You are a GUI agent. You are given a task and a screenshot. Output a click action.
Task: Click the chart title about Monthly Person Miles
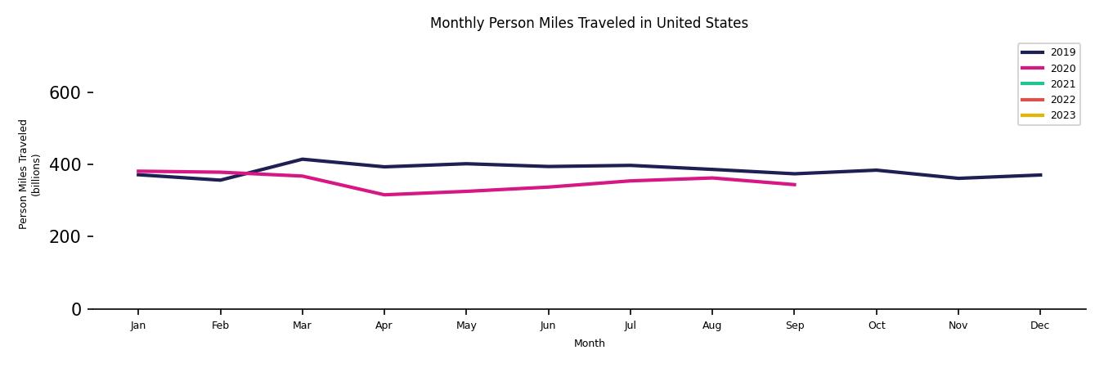(x=589, y=23)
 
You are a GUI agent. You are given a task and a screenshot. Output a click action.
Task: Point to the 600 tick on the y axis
(x=65, y=93)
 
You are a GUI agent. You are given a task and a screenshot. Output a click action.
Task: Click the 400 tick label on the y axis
(x=65, y=165)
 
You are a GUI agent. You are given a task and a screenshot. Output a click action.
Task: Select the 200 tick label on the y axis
(x=65, y=237)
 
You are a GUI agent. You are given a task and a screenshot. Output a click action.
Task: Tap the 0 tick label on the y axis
(x=77, y=309)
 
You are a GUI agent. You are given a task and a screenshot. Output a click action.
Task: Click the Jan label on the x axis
(x=138, y=325)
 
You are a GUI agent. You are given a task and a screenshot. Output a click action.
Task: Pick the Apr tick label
(x=384, y=325)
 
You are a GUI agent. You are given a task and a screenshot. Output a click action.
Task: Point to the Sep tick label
(x=794, y=325)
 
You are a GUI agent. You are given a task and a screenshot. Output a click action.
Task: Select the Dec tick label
(x=1039, y=325)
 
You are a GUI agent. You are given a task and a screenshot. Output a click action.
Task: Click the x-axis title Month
(x=589, y=343)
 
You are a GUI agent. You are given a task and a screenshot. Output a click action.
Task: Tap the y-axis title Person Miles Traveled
(x=29, y=174)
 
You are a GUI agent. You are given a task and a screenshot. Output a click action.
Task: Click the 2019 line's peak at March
(x=302, y=159)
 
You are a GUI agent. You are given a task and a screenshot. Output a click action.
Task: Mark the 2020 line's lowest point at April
(x=384, y=195)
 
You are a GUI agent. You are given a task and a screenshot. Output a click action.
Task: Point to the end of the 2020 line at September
(x=794, y=185)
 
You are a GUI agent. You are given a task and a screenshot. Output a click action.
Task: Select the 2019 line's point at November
(x=958, y=178)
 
